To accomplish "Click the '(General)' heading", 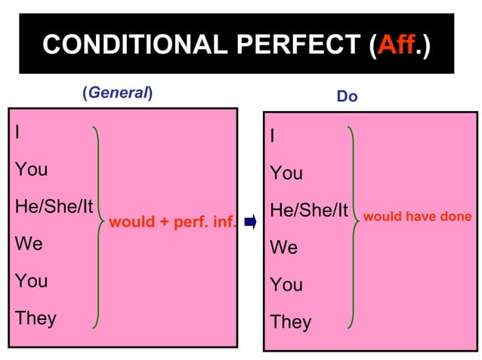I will coord(117,94).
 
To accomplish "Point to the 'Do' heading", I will coord(348,97).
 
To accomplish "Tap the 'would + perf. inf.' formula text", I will coord(173,223).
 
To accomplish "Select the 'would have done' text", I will coord(418,217).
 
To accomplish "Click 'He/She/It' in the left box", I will coord(54,206).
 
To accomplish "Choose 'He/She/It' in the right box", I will coord(308,211).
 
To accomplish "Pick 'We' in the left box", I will coord(29,244).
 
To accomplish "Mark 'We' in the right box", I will coord(283,248).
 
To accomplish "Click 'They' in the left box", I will coord(36,318).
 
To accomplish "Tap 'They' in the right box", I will coord(291,322).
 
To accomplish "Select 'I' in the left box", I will coord(17,132).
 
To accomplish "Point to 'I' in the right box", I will coord(273,137).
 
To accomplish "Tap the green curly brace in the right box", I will coord(353,226).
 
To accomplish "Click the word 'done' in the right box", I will coord(456,217).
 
